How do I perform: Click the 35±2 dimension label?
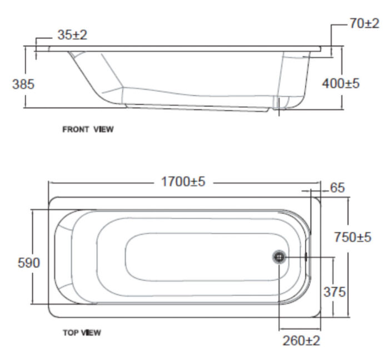(72, 34)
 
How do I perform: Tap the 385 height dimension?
(23, 85)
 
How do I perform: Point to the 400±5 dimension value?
(341, 83)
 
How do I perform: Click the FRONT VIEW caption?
(88, 130)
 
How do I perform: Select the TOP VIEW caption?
(82, 333)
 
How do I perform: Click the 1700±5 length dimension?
(183, 181)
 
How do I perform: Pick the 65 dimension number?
(337, 188)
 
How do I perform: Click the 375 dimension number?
(335, 292)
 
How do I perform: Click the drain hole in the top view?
(280, 257)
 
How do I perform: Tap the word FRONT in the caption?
(76, 130)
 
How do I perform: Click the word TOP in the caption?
(69, 333)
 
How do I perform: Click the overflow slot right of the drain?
(306, 257)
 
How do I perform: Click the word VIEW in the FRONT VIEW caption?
(104, 130)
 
